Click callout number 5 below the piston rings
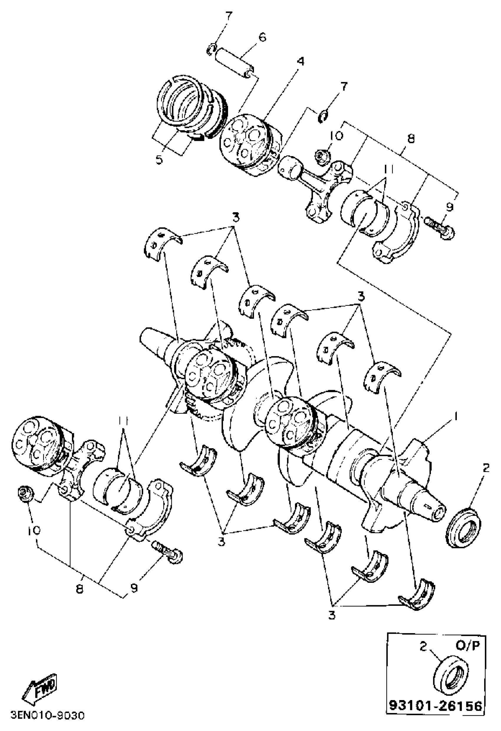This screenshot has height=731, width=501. [x=159, y=160]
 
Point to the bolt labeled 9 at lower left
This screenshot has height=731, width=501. [x=169, y=554]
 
